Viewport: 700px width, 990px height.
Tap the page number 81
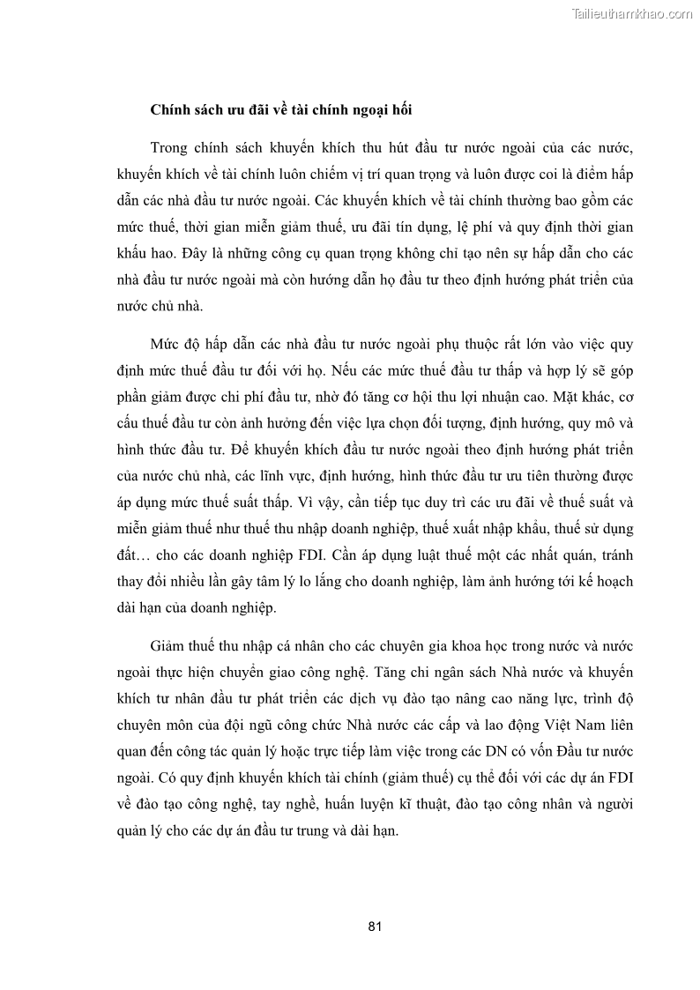374,926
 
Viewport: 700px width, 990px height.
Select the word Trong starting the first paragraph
171,145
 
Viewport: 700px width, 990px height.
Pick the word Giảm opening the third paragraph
171,644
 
